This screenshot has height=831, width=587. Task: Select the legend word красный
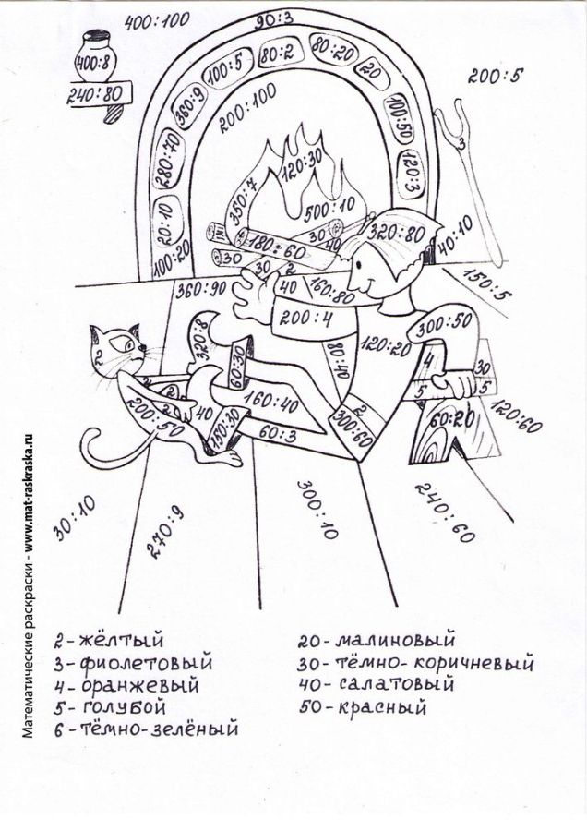point(387,709)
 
